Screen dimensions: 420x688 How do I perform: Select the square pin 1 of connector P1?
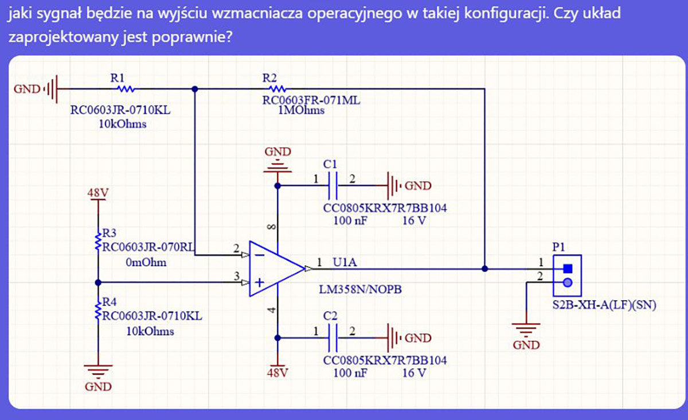pyautogui.click(x=568, y=268)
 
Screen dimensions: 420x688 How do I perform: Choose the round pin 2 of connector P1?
pyautogui.click(x=568, y=282)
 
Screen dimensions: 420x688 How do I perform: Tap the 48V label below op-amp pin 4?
pyautogui.click(x=277, y=373)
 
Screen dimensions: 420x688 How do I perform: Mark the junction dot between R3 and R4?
pyautogui.click(x=98, y=282)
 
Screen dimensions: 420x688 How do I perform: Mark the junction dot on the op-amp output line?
pyautogui.click(x=485, y=268)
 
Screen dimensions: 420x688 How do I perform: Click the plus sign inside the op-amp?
pyautogui.click(x=260, y=282)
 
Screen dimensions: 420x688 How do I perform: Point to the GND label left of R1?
pyautogui.click(x=27, y=89)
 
